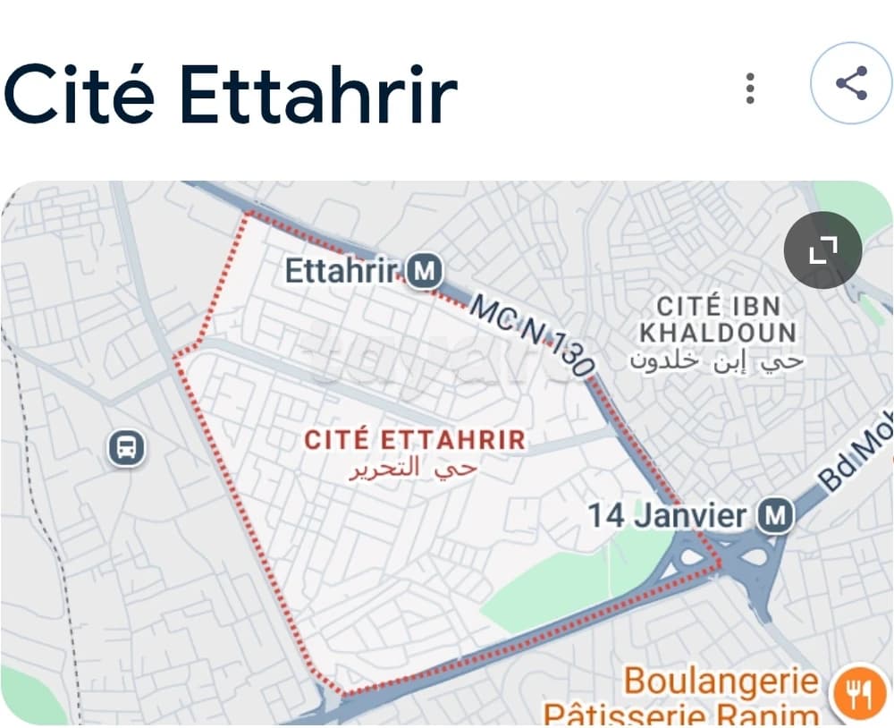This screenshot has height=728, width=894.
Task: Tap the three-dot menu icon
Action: [x=750, y=88]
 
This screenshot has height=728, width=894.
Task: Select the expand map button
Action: [x=822, y=251]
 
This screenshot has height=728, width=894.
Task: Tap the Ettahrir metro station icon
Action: [x=424, y=270]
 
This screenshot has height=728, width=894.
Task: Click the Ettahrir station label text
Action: [x=341, y=270]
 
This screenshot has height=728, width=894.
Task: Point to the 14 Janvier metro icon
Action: [x=774, y=516]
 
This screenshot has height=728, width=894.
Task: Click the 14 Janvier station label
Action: [x=666, y=516]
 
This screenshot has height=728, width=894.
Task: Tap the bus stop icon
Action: [x=127, y=446]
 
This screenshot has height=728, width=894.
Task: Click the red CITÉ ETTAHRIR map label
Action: [x=415, y=440]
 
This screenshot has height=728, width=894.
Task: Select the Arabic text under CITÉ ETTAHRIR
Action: [x=413, y=467]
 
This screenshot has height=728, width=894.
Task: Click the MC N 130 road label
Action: [x=531, y=336]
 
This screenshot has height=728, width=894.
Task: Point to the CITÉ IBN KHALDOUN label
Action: [x=717, y=319]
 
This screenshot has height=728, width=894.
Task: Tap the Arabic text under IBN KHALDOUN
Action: [x=717, y=360]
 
